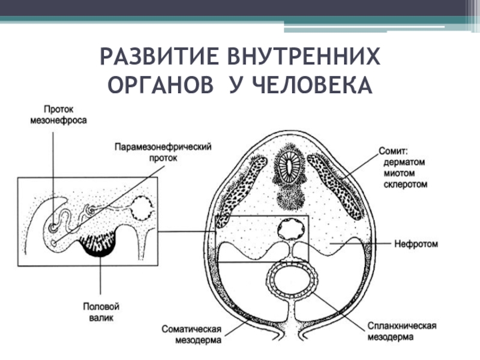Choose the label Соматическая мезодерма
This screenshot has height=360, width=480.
(x=192, y=334)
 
